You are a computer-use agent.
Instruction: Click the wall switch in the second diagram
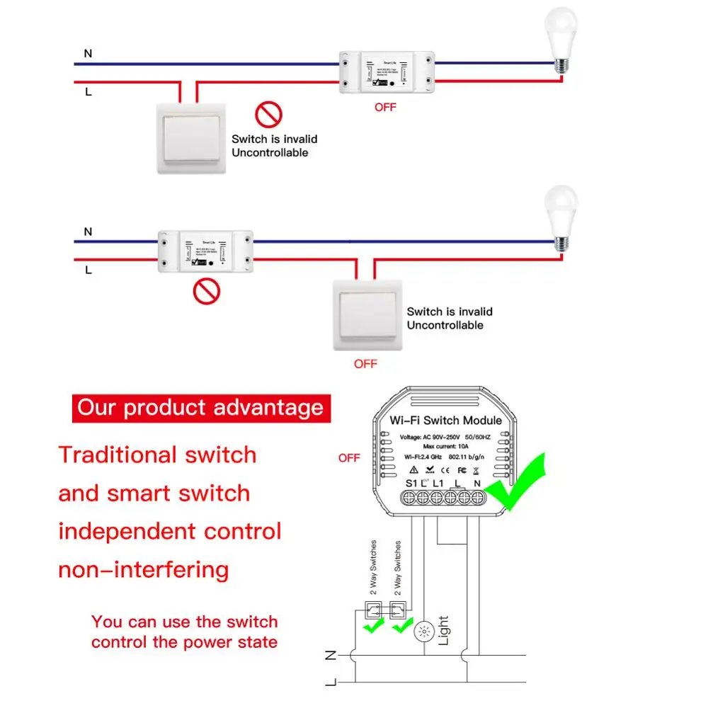point(367,314)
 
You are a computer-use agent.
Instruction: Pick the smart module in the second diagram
point(205,250)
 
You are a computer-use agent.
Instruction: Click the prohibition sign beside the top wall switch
point(269,114)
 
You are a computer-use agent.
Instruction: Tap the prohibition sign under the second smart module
point(207,291)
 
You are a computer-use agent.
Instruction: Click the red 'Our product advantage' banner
point(201,408)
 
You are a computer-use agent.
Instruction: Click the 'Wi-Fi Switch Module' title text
point(445,420)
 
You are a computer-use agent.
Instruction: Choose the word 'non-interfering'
point(144,569)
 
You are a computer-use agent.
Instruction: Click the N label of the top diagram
point(88,53)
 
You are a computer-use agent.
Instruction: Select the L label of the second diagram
point(88,270)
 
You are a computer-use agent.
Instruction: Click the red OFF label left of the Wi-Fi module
point(349,458)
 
